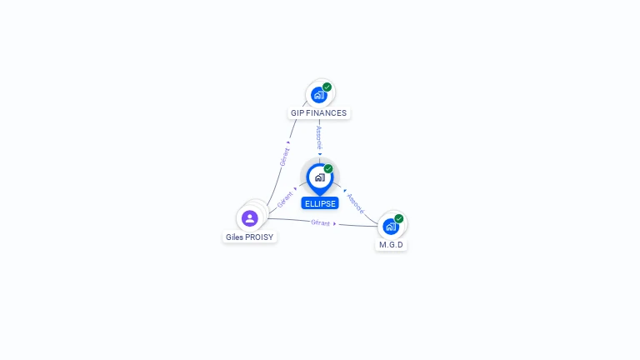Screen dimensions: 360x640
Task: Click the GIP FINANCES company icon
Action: pos(318,95)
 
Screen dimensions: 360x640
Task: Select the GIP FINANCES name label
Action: pos(319,113)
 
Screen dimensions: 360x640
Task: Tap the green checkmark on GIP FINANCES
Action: pos(327,87)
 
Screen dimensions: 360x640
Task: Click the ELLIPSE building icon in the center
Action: pos(319,177)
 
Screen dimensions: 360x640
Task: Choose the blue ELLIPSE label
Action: pos(320,203)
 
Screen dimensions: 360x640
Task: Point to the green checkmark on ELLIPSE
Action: pos(328,169)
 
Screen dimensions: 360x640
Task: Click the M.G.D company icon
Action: pos(390,226)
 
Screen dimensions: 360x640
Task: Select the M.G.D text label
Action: pos(391,245)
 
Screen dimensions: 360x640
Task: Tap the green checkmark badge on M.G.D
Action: pos(399,218)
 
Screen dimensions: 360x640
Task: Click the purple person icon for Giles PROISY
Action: pos(249,218)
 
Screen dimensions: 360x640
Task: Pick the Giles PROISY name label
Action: pos(250,237)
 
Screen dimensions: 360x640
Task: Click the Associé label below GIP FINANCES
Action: pos(319,137)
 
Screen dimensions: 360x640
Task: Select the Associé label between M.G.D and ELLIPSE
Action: pos(356,203)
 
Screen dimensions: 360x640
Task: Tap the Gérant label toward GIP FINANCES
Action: pos(284,157)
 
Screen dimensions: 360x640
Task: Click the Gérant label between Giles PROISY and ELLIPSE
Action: pos(285,200)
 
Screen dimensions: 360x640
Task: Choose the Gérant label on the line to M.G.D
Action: pos(321,222)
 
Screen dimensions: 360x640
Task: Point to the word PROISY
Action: pos(260,237)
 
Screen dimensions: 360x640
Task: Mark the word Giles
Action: pos(234,237)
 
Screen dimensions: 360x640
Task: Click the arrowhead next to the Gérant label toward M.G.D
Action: pos(335,223)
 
